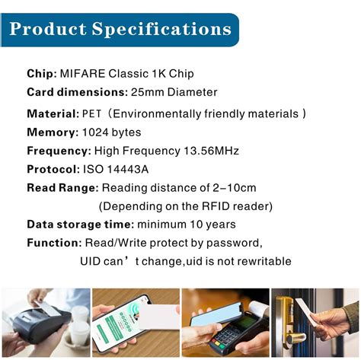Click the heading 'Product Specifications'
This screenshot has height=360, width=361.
(x=120, y=30)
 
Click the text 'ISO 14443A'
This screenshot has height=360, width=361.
(x=113, y=169)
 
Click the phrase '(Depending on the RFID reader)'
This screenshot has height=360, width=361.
(x=185, y=205)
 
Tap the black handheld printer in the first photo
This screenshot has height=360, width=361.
(x=30, y=331)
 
